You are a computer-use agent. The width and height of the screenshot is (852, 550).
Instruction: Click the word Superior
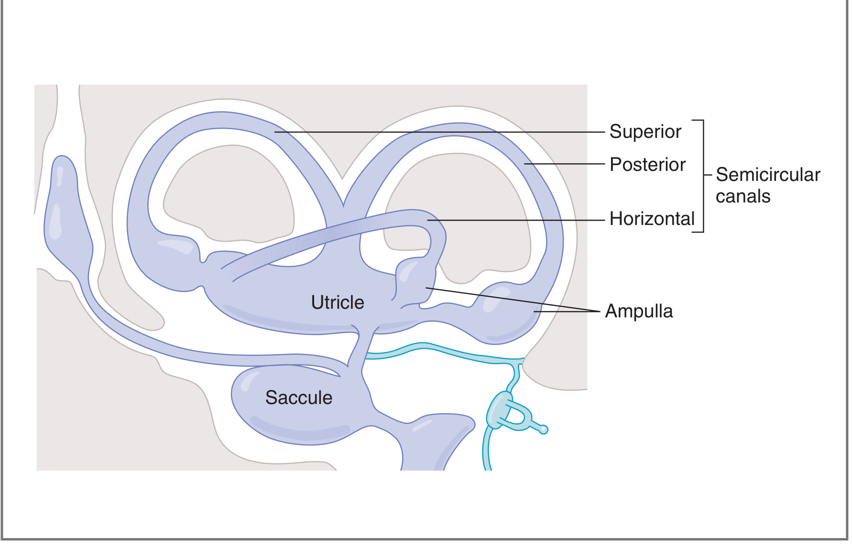coord(645,132)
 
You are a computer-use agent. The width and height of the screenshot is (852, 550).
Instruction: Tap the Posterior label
coord(647,165)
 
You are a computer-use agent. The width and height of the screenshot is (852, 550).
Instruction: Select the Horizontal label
coord(652,219)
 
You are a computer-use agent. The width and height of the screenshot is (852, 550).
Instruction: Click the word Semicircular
coord(768,175)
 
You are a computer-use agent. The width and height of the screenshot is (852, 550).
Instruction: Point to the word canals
coord(743,196)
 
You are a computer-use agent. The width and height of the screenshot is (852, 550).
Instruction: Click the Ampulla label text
coord(639,311)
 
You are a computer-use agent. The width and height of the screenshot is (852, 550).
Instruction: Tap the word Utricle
coord(338,303)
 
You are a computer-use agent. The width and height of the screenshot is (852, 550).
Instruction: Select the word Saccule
coord(299,398)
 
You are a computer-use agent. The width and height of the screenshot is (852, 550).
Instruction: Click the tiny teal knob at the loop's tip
coord(543,430)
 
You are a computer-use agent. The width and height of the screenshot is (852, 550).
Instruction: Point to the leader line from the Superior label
coord(430,132)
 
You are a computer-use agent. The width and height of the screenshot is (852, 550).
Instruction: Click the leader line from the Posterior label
coord(564,164)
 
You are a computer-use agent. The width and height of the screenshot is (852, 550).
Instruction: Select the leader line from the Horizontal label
coord(516,220)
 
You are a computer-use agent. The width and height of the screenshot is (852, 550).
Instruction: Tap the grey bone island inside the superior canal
coord(229,191)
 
